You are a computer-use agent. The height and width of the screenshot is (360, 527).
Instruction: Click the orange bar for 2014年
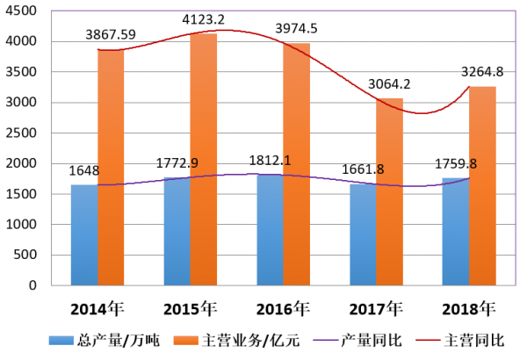point(111,167)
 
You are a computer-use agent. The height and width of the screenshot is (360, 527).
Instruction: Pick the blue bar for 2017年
point(363,234)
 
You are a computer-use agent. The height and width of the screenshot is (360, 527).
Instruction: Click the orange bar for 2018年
point(483,185)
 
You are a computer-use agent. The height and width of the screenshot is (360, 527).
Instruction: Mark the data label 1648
point(84,170)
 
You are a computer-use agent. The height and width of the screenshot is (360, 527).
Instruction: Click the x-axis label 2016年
point(283,309)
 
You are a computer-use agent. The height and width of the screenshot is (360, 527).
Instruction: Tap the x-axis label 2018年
point(468,309)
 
